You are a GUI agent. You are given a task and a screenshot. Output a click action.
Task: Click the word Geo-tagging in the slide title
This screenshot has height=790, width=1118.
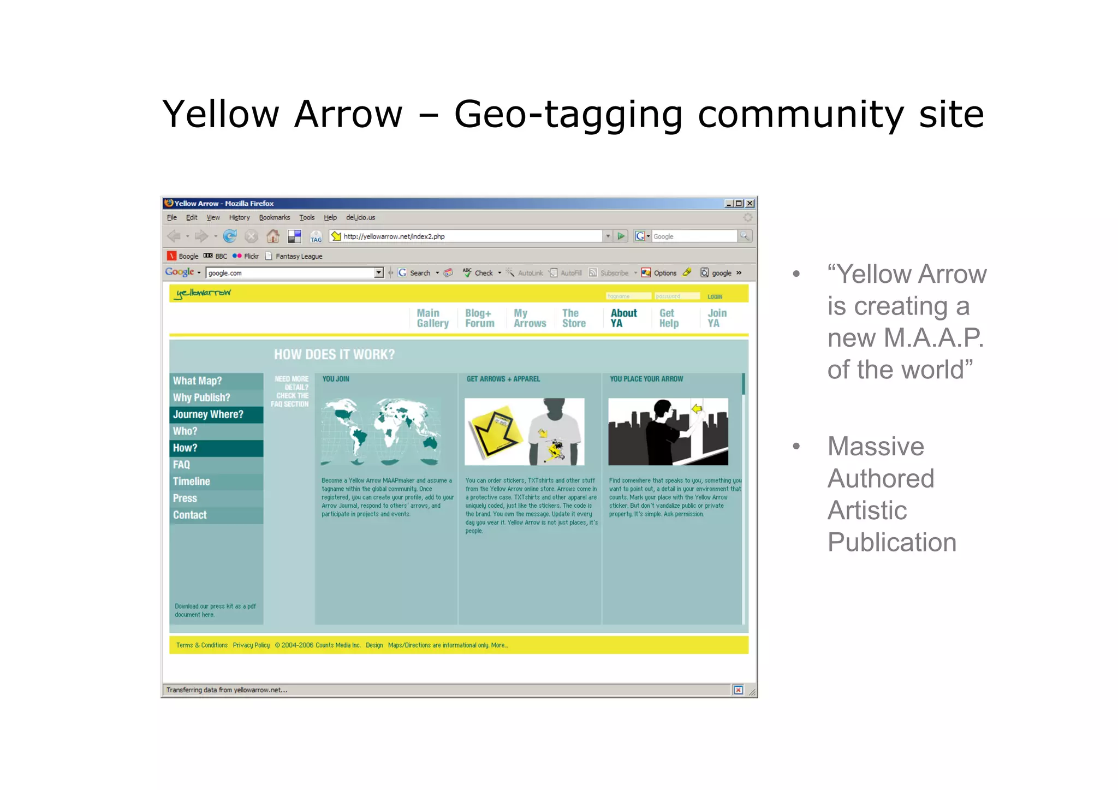(568, 115)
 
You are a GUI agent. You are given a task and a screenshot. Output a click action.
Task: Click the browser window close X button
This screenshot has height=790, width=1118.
(750, 203)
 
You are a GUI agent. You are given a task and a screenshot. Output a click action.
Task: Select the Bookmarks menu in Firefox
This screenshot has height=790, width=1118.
(274, 217)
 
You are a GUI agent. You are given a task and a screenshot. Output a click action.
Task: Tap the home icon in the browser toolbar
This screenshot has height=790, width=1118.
(272, 236)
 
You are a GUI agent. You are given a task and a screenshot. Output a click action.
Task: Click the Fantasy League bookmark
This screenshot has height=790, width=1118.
(298, 256)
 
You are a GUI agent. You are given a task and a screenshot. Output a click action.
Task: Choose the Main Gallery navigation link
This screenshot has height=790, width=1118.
(432, 318)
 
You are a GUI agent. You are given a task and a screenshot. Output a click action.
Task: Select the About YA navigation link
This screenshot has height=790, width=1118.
(623, 318)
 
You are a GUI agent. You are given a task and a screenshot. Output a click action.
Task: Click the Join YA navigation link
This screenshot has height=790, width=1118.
(717, 318)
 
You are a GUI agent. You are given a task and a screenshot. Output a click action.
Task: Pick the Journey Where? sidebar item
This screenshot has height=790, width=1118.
(208, 414)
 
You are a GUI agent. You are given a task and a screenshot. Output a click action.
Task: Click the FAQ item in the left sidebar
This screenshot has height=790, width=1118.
(181, 465)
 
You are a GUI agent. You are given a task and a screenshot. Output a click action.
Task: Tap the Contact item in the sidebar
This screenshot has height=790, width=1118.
(189, 515)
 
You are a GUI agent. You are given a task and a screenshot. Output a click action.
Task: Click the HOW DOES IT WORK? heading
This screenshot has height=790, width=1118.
(334, 354)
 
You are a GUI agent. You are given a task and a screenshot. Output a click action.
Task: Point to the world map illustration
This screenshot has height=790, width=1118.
(382, 431)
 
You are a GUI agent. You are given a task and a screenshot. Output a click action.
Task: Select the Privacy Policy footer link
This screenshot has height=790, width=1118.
(251, 645)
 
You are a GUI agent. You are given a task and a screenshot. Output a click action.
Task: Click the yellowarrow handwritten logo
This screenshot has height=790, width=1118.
(203, 293)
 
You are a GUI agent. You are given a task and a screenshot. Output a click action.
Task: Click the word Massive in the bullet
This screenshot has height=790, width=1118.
(876, 447)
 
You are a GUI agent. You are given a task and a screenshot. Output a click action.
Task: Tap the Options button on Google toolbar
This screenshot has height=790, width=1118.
(659, 273)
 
